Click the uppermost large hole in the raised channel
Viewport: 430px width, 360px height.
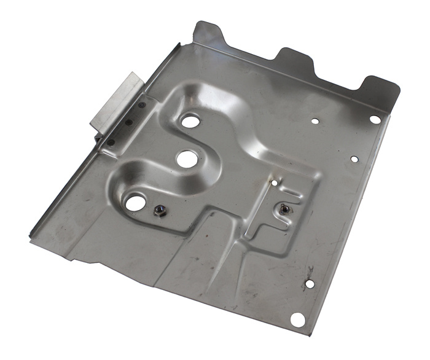(x=190, y=121)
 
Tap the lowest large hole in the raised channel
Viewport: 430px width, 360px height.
(x=136, y=202)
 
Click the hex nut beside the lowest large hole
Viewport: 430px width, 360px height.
(x=158, y=212)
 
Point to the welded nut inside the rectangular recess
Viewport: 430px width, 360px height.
(x=284, y=209)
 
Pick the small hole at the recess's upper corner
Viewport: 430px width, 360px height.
(x=274, y=182)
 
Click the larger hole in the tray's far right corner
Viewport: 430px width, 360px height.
(x=375, y=119)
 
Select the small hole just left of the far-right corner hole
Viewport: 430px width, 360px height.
(x=315, y=121)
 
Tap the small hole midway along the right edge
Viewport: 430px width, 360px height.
(x=354, y=159)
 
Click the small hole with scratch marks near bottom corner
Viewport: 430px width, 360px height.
(x=309, y=284)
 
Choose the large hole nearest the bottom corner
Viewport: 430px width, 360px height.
(x=297, y=319)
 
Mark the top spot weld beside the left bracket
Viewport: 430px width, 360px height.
(x=143, y=106)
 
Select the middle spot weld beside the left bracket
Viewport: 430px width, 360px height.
(x=128, y=122)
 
